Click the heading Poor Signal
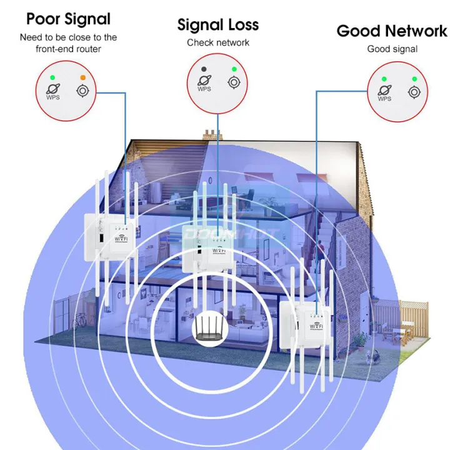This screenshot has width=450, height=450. (x=69, y=19)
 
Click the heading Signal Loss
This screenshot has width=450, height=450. (x=217, y=25)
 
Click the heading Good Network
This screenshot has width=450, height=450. (x=392, y=31)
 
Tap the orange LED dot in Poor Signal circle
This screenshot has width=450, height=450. (x=82, y=78)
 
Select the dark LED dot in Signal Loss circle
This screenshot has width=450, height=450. (x=204, y=69)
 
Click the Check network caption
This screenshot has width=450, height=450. (x=217, y=42)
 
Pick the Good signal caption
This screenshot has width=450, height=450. (x=392, y=49)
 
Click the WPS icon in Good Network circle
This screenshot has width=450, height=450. (x=384, y=92)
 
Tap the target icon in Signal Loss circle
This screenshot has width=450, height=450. (x=234, y=82)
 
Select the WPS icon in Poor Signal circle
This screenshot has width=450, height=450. (x=53, y=91)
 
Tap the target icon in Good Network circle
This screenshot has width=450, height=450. (x=414, y=92)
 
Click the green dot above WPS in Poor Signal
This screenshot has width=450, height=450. (x=53, y=78)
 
